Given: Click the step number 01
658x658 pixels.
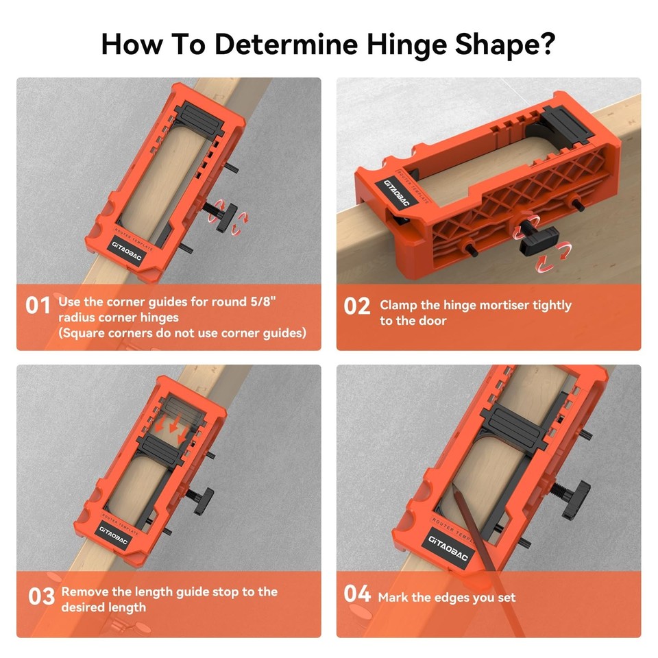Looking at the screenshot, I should coord(38,306).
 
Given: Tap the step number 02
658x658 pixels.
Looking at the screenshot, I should coord(356,306).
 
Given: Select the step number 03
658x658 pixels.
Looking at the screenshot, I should coord(41,596).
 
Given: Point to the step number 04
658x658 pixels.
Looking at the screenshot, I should coord(357,594).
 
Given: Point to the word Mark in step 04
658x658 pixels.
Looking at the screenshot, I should coord(393,597).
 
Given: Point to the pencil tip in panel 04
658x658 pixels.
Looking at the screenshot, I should coord(454,487).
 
